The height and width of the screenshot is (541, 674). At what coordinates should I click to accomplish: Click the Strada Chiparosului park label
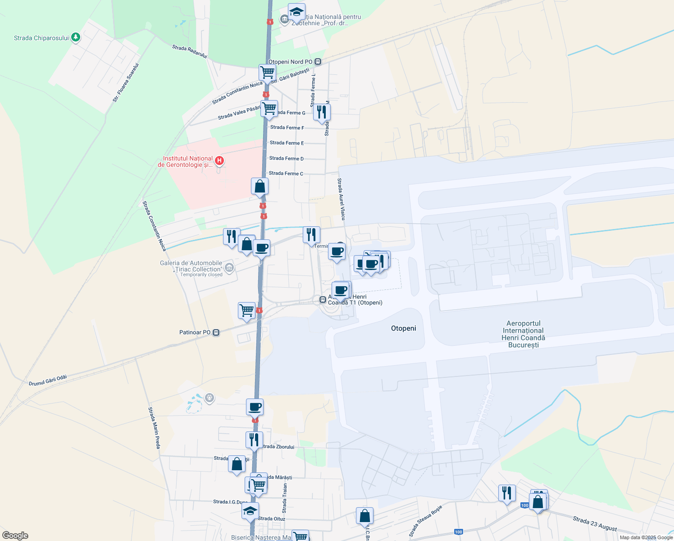pyautogui.click(x=41, y=38)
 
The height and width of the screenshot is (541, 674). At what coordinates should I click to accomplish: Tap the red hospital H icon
pyautogui.click(x=219, y=160)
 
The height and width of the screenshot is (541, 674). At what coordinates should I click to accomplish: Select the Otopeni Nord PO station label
pyautogui.click(x=290, y=62)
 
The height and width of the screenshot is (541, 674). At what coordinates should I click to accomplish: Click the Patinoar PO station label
pyautogui.click(x=195, y=333)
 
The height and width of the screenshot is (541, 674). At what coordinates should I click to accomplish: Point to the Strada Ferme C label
pyautogui.click(x=286, y=174)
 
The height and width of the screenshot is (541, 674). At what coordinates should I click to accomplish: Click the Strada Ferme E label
pyautogui.click(x=287, y=143)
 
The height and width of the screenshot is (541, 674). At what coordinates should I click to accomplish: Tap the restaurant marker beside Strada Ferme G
pyautogui.click(x=322, y=111)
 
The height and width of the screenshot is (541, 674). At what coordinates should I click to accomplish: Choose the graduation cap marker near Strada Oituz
pyautogui.click(x=250, y=511)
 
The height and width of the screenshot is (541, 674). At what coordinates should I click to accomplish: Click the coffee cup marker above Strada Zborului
pyautogui.click(x=255, y=407)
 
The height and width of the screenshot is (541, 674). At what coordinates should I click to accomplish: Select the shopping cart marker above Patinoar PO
pyautogui.click(x=246, y=310)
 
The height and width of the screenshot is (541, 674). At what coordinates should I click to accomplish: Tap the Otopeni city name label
pyautogui.click(x=403, y=328)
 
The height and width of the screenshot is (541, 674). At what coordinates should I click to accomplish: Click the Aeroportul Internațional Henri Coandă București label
pyautogui.click(x=523, y=334)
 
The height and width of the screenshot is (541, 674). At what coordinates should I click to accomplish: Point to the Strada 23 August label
pyautogui.click(x=594, y=523)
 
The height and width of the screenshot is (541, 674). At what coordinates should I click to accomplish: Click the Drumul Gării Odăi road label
pyautogui.click(x=48, y=381)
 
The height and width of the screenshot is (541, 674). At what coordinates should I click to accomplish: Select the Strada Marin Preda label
pyautogui.click(x=155, y=428)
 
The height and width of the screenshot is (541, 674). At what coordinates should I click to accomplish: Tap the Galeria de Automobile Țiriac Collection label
pyautogui.click(x=191, y=266)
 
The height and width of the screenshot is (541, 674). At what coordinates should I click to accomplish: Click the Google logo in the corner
pyautogui.click(x=15, y=536)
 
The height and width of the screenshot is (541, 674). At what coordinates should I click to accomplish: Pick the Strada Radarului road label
pyautogui.click(x=189, y=51)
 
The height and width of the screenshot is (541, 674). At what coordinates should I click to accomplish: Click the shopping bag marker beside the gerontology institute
pyautogui.click(x=260, y=186)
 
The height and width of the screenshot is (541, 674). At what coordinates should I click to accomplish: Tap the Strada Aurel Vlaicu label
pyautogui.click(x=341, y=199)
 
